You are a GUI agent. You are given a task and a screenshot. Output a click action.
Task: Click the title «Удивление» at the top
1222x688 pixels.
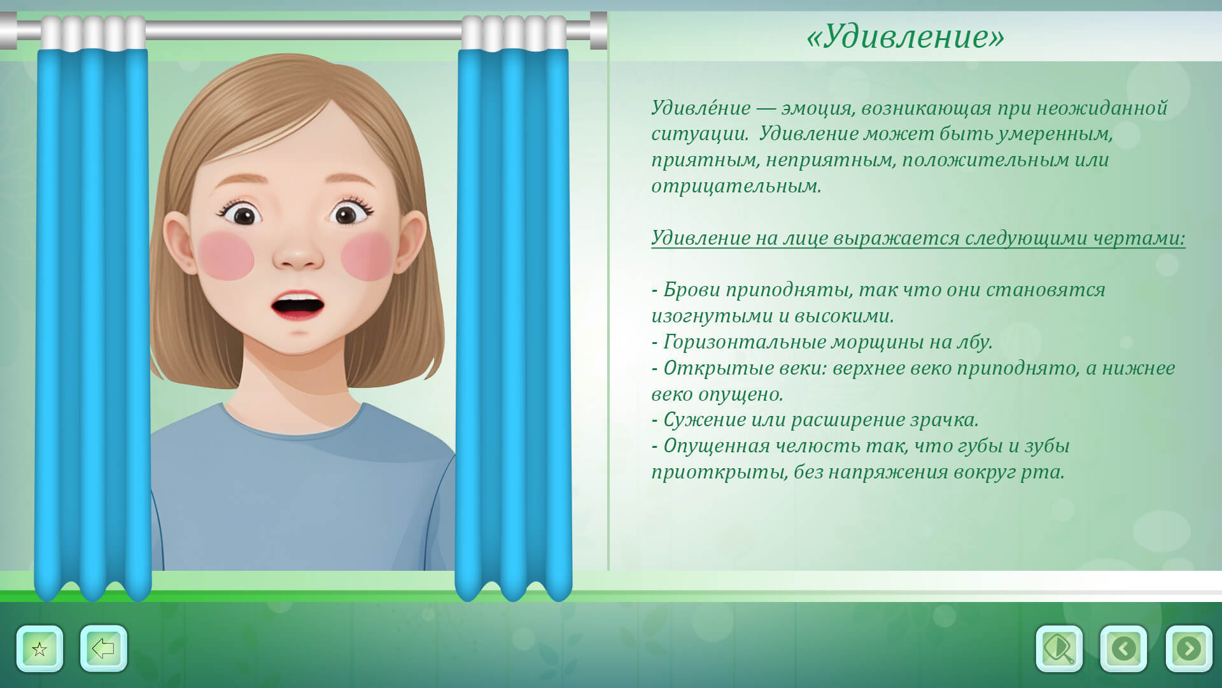click(905, 36)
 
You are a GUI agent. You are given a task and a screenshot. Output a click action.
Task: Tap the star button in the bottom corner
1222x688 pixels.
click(39, 649)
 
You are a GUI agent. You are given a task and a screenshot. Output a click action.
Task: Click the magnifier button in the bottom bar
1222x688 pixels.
click(1059, 649)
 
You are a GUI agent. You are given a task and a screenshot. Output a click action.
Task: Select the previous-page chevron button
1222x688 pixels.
click(1123, 649)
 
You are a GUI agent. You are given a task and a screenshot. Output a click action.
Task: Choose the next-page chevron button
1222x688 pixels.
click(1188, 649)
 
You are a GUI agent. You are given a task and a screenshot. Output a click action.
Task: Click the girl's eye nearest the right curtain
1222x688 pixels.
click(347, 213)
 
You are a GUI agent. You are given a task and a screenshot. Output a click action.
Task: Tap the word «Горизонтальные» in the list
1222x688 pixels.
click(738, 343)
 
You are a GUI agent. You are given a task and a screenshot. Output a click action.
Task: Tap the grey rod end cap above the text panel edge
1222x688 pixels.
click(598, 30)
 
